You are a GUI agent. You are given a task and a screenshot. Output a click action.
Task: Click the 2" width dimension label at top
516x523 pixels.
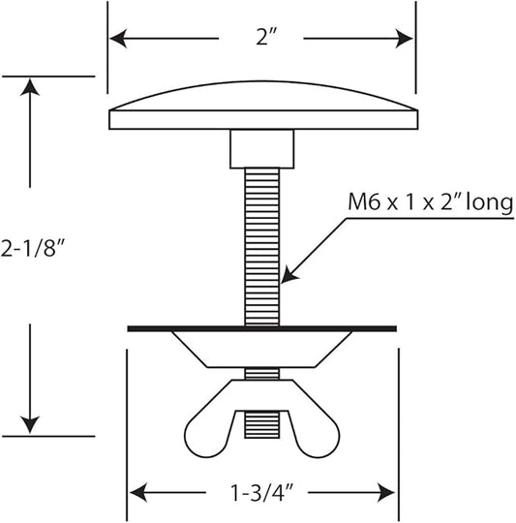pos(266,37)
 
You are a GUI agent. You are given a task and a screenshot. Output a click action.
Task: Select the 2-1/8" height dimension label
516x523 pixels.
pos(32,249)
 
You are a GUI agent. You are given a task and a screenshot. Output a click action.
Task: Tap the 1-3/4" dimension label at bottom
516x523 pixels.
pos(261,493)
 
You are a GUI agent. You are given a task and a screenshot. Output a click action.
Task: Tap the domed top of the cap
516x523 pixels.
pos(263,95)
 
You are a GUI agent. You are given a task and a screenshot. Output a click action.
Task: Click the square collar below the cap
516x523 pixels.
pos(262,149)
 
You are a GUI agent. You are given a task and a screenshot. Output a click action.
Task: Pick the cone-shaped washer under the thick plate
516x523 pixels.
pos(262,350)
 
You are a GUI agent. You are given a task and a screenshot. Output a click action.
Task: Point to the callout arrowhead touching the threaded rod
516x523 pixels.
pos(289,275)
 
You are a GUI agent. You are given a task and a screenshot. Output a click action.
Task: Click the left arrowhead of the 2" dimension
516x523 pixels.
pos(118,39)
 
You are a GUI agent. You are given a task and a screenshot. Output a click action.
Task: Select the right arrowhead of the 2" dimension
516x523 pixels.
pos(405,39)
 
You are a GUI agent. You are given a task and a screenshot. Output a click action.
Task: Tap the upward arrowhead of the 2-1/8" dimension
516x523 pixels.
pos(30,87)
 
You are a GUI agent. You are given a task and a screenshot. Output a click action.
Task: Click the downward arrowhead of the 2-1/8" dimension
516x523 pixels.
pos(30,425)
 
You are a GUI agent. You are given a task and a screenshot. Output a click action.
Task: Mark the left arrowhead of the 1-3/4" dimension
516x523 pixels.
pos(138,492)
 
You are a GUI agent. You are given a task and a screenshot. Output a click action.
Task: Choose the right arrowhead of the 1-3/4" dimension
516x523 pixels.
pos(386,492)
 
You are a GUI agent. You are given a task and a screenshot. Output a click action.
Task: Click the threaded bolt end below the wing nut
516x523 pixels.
pos(262,424)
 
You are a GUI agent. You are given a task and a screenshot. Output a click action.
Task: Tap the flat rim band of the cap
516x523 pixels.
pos(263,120)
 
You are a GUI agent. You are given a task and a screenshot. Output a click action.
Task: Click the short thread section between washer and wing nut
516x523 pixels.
pos(262,374)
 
